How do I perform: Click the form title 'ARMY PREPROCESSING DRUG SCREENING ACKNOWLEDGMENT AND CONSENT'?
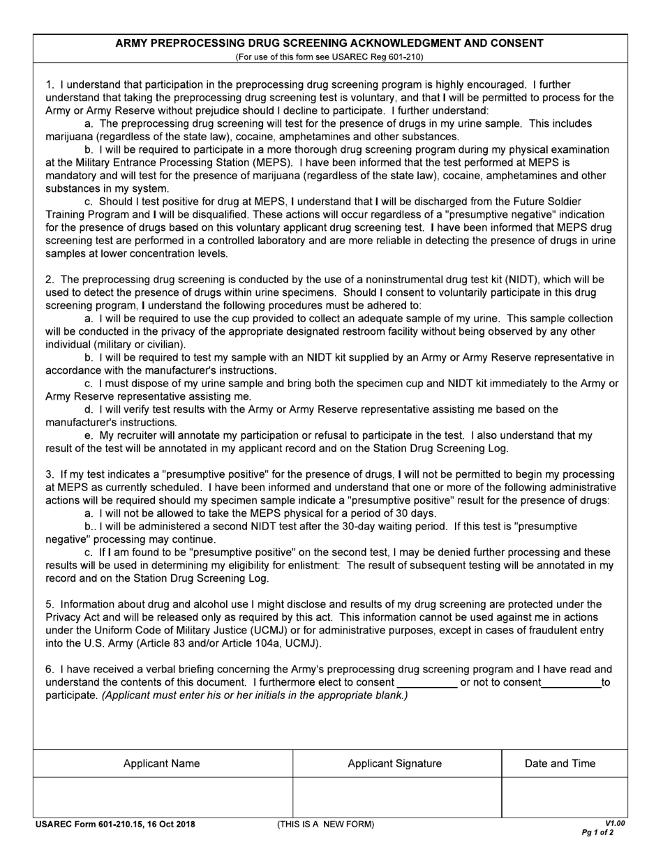point(329,43)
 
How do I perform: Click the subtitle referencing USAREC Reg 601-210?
point(329,57)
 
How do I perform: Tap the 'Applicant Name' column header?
point(161,763)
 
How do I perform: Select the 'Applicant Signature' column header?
point(394,763)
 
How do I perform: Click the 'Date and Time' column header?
point(560,763)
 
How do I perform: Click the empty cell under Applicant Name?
point(161,797)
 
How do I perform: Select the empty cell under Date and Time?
point(564,797)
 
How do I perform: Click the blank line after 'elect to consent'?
point(426,683)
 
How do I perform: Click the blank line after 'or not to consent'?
point(571,683)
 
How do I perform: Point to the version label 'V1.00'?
point(615,823)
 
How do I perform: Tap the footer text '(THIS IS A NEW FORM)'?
point(325,825)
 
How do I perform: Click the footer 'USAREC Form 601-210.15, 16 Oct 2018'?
point(116,825)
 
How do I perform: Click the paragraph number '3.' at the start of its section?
point(50,474)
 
